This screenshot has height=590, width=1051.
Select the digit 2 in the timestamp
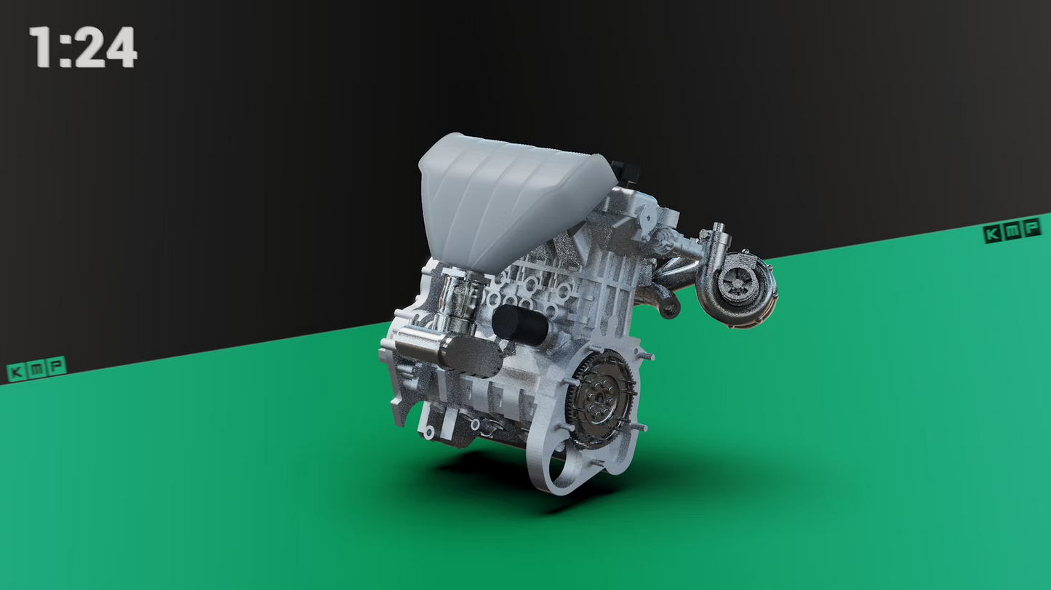tap(89, 48)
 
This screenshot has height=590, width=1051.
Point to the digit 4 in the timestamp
tap(121, 48)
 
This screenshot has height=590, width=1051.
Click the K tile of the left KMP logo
tap(17, 372)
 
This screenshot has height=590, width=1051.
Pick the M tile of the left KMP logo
tap(36, 368)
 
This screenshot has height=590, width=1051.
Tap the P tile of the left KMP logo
tap(55, 364)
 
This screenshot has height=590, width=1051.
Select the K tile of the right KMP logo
tap(993, 234)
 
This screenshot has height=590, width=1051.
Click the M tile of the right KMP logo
tap(1012, 231)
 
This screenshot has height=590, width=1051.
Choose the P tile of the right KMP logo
tap(1031, 227)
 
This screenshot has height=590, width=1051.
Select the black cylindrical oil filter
tap(520, 325)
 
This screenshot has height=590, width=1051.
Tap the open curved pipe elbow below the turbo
tap(665, 304)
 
